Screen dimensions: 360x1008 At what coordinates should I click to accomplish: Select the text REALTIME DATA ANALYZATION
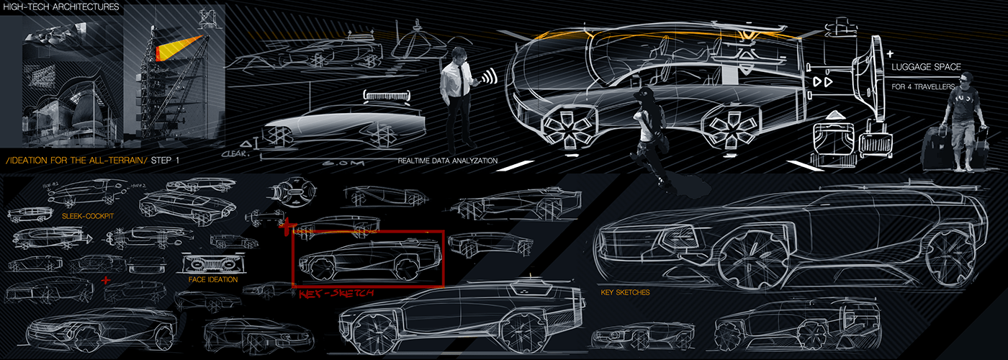[447, 161]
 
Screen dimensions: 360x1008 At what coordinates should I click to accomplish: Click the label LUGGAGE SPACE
[927, 67]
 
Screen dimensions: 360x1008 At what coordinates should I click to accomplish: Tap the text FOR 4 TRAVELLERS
[924, 87]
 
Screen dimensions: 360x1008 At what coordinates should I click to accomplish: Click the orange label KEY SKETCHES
[625, 293]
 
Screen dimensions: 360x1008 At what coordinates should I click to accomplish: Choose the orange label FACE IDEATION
[212, 279]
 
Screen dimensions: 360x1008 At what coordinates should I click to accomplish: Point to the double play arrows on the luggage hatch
[822, 82]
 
